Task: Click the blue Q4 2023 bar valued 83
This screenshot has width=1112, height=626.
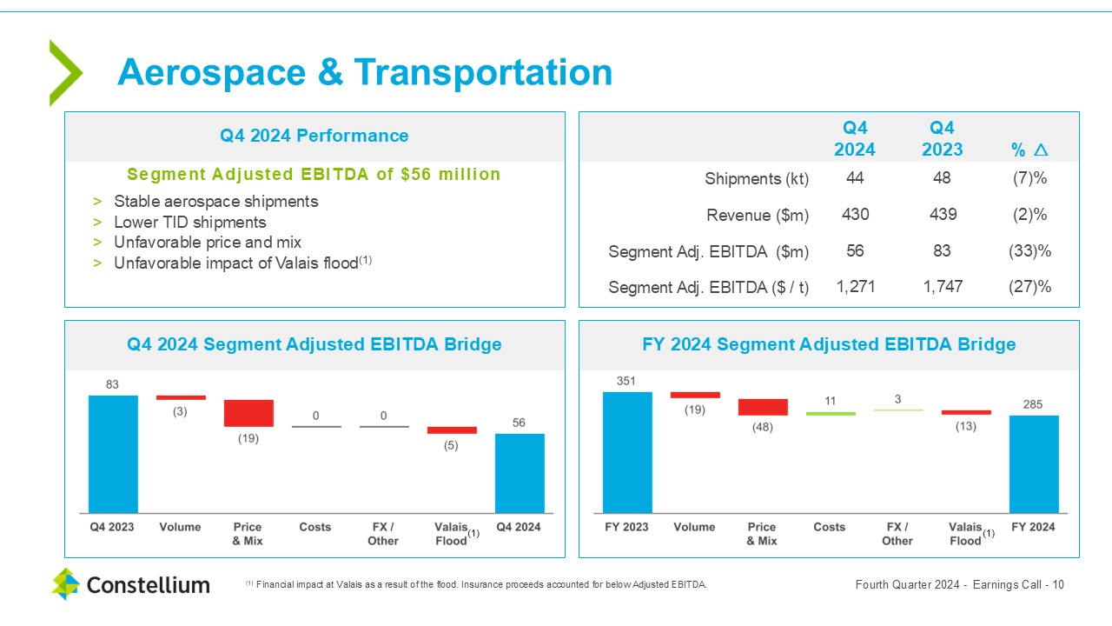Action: pyautogui.click(x=113, y=454)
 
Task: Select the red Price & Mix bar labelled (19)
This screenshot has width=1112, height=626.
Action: pyautogui.click(x=248, y=413)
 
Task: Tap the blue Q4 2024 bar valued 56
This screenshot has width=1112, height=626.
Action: pyautogui.click(x=520, y=473)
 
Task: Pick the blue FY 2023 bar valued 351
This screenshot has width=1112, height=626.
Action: pyautogui.click(x=627, y=452)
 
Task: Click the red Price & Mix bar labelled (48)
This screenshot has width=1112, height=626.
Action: pyautogui.click(x=763, y=407)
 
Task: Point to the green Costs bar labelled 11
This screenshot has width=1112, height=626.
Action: pyautogui.click(x=831, y=414)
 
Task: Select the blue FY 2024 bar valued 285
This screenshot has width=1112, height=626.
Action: pyautogui.click(x=1034, y=463)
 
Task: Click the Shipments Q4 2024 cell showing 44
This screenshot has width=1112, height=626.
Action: pyautogui.click(x=855, y=178)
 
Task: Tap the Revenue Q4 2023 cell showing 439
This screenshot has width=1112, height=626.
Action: pyautogui.click(x=943, y=215)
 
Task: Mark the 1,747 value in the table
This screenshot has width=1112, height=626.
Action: pyautogui.click(x=943, y=286)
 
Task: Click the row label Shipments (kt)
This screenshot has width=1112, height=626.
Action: pyautogui.click(x=757, y=179)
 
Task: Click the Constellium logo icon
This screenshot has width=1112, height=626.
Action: pyautogui.click(x=65, y=583)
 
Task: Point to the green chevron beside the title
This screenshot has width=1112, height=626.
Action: pyautogui.click(x=65, y=73)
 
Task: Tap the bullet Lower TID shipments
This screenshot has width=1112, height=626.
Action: pyautogui.click(x=190, y=222)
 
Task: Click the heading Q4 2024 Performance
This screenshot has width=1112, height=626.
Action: pyautogui.click(x=314, y=136)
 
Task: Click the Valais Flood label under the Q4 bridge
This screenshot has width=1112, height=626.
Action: pyautogui.click(x=450, y=534)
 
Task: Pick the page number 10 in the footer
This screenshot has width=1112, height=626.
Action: pyautogui.click(x=1058, y=584)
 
